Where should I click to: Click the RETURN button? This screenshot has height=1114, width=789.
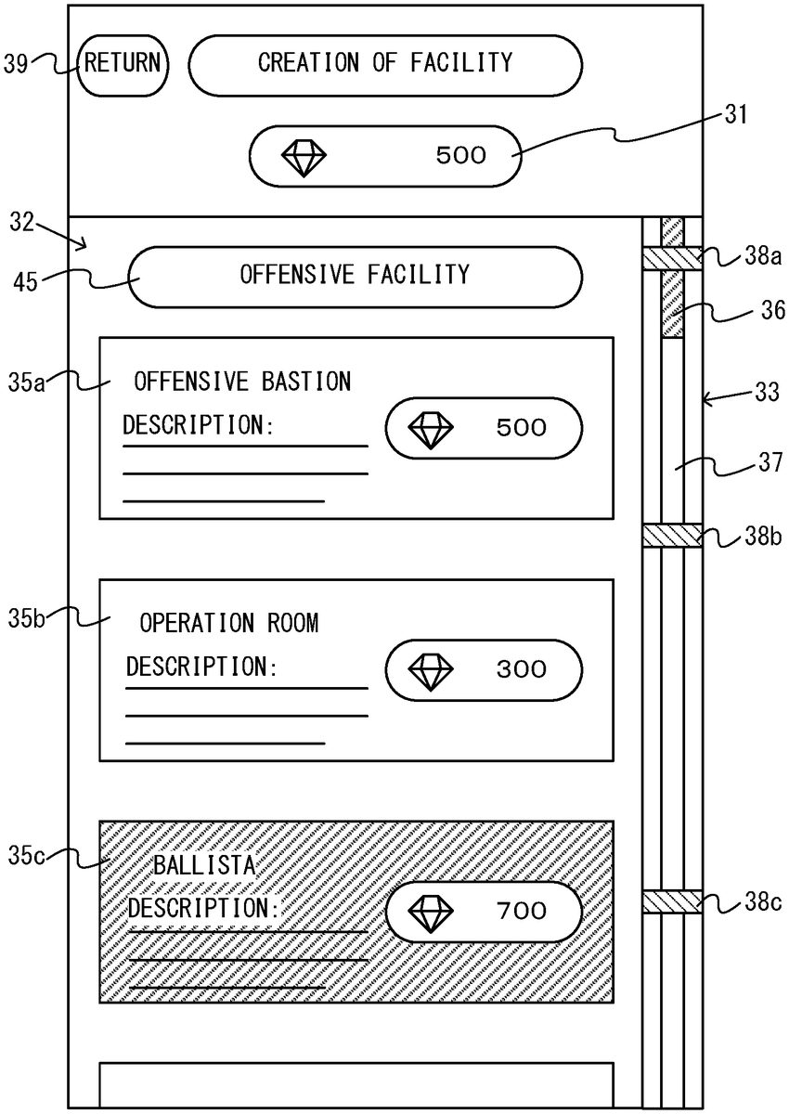(122, 64)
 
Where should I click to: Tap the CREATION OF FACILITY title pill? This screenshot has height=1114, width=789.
(385, 64)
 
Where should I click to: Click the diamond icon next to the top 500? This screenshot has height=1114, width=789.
(304, 156)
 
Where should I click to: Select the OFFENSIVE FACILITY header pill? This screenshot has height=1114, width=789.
(355, 276)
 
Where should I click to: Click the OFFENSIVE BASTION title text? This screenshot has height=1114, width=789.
(242, 381)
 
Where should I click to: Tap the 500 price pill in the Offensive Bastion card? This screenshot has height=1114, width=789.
(484, 428)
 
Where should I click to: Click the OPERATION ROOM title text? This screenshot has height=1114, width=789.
(228, 623)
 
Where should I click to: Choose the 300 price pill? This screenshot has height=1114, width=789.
(484, 668)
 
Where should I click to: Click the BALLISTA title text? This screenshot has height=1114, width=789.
(203, 866)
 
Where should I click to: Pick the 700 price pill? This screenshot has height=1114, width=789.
(484, 911)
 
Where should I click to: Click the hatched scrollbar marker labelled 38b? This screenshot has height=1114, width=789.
(672, 536)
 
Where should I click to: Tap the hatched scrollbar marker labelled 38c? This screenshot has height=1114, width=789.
(672, 901)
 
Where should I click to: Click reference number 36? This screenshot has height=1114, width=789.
(772, 312)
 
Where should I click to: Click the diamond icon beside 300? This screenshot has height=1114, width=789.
(432, 669)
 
